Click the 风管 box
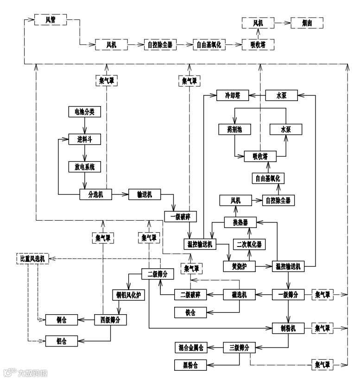[x=51, y=20]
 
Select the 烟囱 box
[x=306, y=22]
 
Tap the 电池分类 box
[x=84, y=112]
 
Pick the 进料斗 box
[x=84, y=139]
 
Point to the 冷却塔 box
[x=233, y=96]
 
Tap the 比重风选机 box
[x=32, y=258]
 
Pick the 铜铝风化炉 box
[x=128, y=295]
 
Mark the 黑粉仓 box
[x=190, y=366]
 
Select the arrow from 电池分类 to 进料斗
[x=84, y=125]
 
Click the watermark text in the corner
[x=25, y=372]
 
